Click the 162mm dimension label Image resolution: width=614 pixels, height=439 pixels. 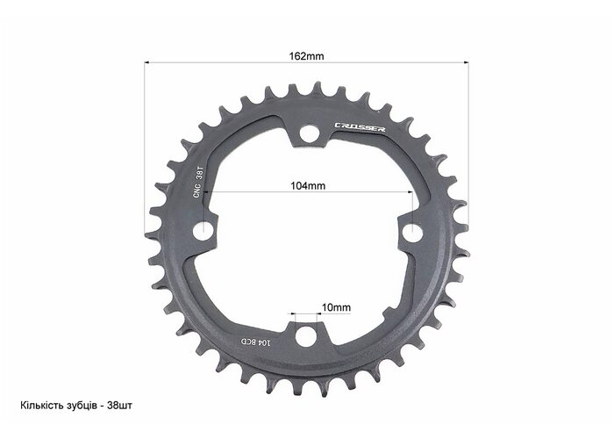click(x=307, y=56)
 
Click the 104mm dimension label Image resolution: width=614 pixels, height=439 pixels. click(x=308, y=185)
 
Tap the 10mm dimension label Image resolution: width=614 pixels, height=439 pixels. click(x=336, y=307)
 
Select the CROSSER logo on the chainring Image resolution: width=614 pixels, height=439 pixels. click(x=360, y=127)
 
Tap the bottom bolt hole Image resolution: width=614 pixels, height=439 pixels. click(x=305, y=337)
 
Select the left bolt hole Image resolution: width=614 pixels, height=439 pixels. click(x=203, y=231)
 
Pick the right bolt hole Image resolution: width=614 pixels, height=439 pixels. click(x=413, y=233)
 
